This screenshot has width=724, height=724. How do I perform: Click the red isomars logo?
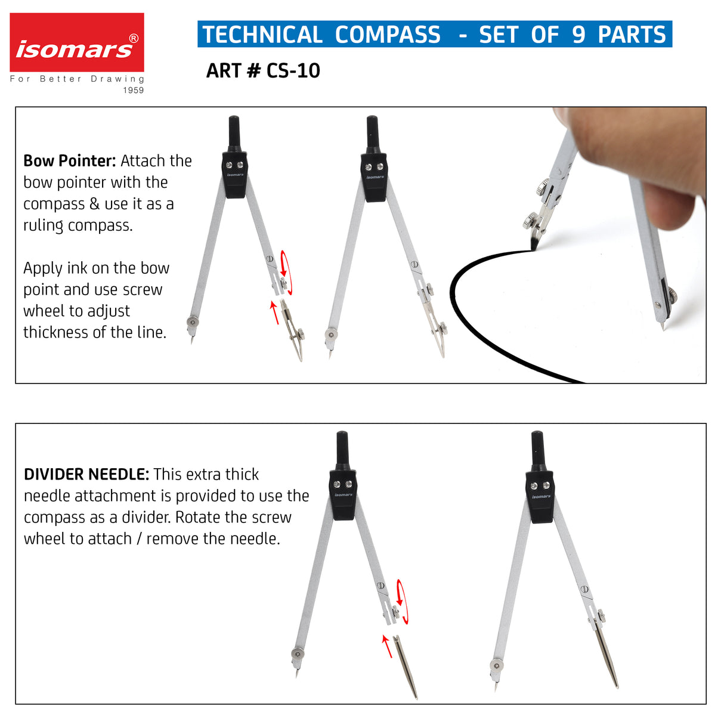(76, 43)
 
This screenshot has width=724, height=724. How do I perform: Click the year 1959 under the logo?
(134, 90)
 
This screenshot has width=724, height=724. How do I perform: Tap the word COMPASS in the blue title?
(388, 35)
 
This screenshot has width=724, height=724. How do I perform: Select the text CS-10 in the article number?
(293, 70)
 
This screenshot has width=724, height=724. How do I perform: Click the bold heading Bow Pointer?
(69, 161)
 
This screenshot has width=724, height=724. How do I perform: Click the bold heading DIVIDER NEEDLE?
(86, 475)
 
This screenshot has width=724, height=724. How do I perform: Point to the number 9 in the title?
(578, 35)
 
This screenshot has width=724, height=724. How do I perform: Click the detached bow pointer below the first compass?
(294, 332)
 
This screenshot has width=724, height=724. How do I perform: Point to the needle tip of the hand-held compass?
(664, 326)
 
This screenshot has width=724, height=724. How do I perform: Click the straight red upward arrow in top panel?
(275, 313)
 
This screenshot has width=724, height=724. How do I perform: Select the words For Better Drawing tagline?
(76, 79)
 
